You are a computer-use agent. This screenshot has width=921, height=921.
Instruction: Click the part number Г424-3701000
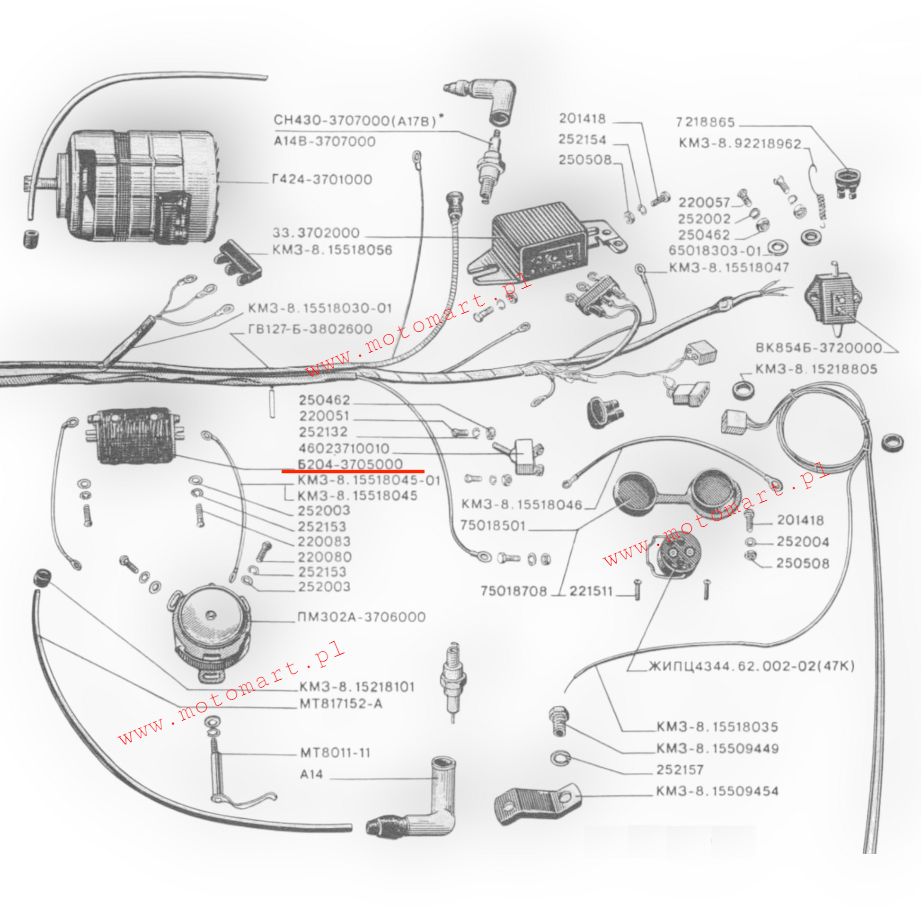point(322,180)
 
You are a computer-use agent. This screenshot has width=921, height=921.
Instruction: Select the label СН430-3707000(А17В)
point(355,120)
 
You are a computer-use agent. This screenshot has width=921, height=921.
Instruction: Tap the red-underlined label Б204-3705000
point(350,464)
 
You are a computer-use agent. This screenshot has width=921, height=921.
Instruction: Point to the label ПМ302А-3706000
point(361,617)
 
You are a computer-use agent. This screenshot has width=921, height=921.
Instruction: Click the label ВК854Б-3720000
point(818,347)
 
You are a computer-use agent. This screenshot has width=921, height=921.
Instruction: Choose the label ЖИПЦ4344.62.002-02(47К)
point(751,666)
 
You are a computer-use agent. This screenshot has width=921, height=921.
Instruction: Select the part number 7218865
point(705,123)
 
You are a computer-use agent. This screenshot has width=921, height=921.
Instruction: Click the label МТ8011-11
point(335,753)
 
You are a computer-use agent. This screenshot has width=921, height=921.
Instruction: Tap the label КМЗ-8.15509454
point(717,791)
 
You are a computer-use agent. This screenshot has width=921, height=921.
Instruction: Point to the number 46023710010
point(344,449)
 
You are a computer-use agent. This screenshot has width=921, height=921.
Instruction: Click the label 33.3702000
point(316,233)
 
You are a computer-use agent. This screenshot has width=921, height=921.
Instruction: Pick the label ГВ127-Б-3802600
point(310,329)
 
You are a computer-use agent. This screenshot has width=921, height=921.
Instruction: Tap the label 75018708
point(514,591)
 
